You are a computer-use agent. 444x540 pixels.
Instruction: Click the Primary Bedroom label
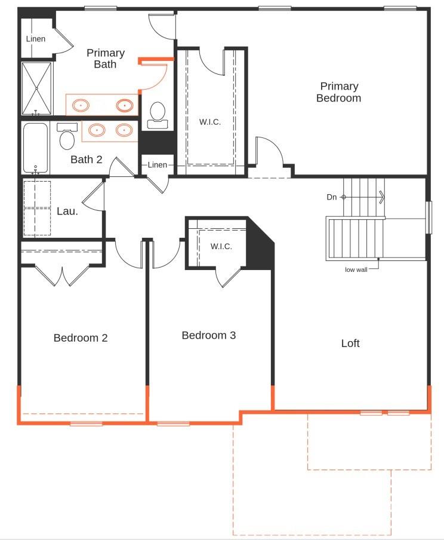tap(338, 92)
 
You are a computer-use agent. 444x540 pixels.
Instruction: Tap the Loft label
tap(350, 343)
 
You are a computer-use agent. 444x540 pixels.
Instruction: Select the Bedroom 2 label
tap(81, 337)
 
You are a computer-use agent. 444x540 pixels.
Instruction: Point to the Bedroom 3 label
tap(208, 335)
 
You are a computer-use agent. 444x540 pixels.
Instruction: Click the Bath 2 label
tap(87, 159)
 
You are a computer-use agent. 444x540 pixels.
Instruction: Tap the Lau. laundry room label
tap(67, 211)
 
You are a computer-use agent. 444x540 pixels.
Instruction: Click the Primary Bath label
tap(105, 58)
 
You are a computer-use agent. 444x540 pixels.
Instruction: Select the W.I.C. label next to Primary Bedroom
tap(209, 122)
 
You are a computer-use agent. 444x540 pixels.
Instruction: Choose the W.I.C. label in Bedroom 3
tap(221, 246)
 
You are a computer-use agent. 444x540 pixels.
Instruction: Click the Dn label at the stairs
tap(332, 197)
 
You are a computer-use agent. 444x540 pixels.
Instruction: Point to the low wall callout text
tap(356, 269)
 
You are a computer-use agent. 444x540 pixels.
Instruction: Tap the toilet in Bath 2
tap(67, 137)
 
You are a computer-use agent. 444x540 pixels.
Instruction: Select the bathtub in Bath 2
tap(35, 147)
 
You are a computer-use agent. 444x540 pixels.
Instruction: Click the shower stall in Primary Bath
tap(37, 88)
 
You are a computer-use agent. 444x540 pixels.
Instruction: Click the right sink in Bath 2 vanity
tap(124, 130)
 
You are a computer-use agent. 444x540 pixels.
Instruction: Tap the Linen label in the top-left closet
tap(35, 39)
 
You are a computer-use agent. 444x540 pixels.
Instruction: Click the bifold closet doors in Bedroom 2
tap(63, 274)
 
